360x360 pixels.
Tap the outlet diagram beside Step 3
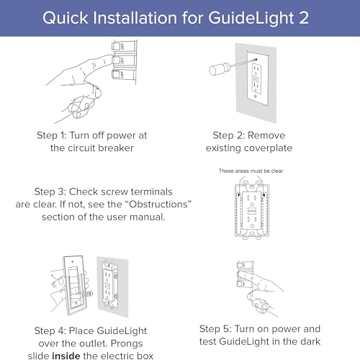coord(260,212)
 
